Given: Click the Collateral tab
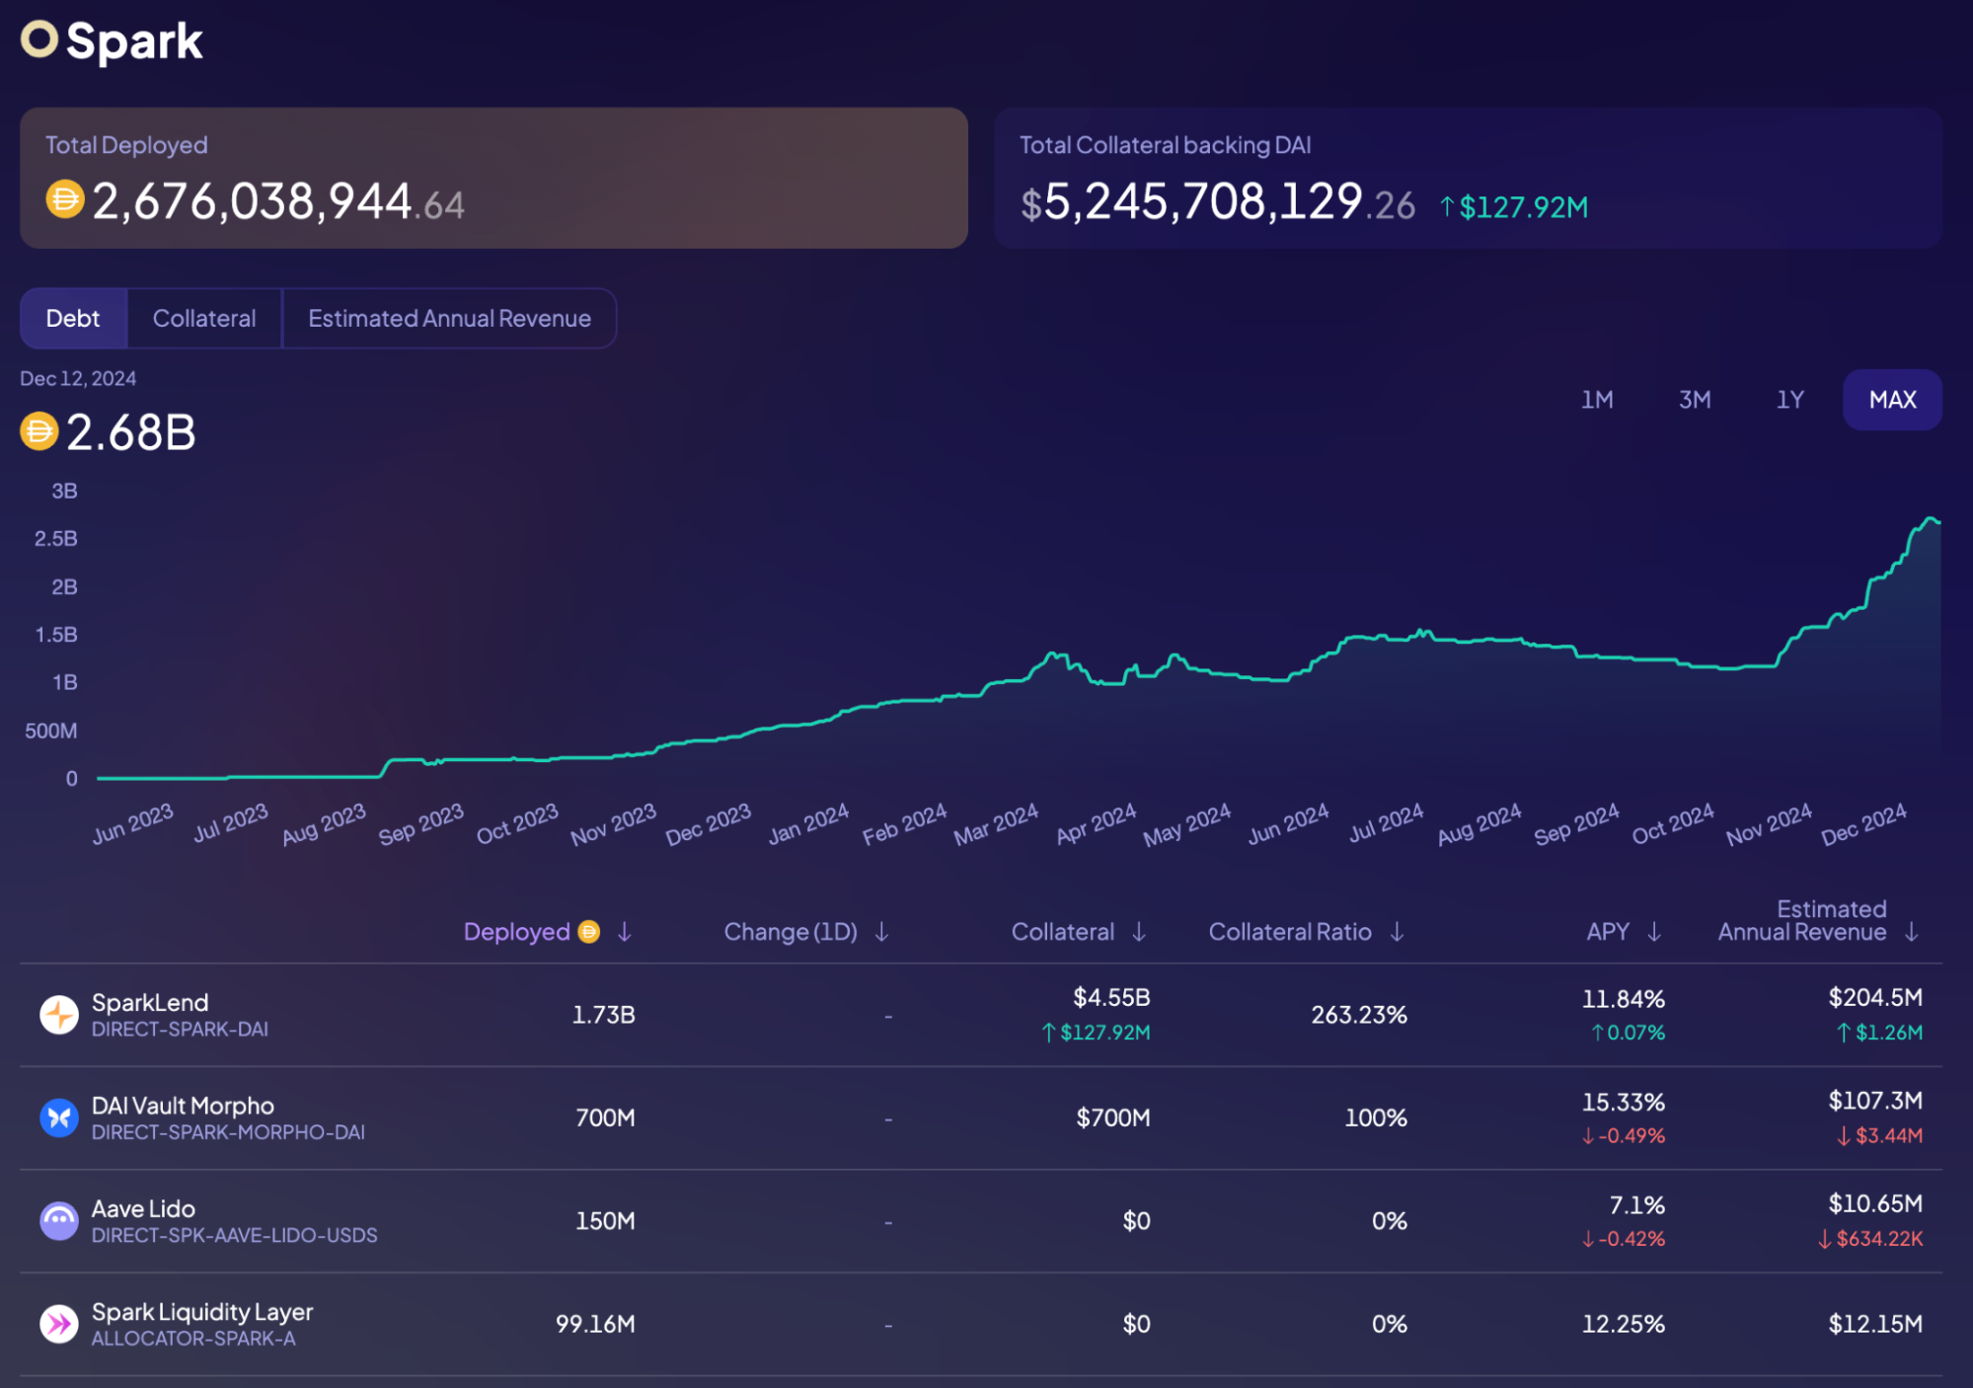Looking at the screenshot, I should [x=204, y=319].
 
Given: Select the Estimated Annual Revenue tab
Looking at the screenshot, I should [x=449, y=319].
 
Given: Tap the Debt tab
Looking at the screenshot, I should [x=73, y=319].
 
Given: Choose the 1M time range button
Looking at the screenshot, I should [x=1597, y=400].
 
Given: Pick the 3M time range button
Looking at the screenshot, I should [x=1695, y=400].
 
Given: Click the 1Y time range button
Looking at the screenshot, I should [x=1790, y=400].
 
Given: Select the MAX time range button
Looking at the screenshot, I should [x=1892, y=400].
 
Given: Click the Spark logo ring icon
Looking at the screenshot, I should [x=39, y=40].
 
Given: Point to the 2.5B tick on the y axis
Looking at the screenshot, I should [x=56, y=539].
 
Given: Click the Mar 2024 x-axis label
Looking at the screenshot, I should [x=996, y=824].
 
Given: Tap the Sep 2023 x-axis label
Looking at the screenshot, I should [x=421, y=824].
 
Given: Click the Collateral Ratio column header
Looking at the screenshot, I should [x=1290, y=932].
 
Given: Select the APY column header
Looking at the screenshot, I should [x=1608, y=932].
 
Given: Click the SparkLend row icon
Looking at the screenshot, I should [x=59, y=1014].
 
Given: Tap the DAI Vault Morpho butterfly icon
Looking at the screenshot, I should [x=59, y=1118].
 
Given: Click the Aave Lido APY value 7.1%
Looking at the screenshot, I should [x=1636, y=1205].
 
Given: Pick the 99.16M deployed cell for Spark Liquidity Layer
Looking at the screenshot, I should [x=595, y=1324].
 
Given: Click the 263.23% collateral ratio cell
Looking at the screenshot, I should [x=1359, y=1015].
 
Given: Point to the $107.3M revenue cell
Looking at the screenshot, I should [x=1874, y=1101].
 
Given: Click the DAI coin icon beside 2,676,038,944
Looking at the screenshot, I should [x=65, y=200].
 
